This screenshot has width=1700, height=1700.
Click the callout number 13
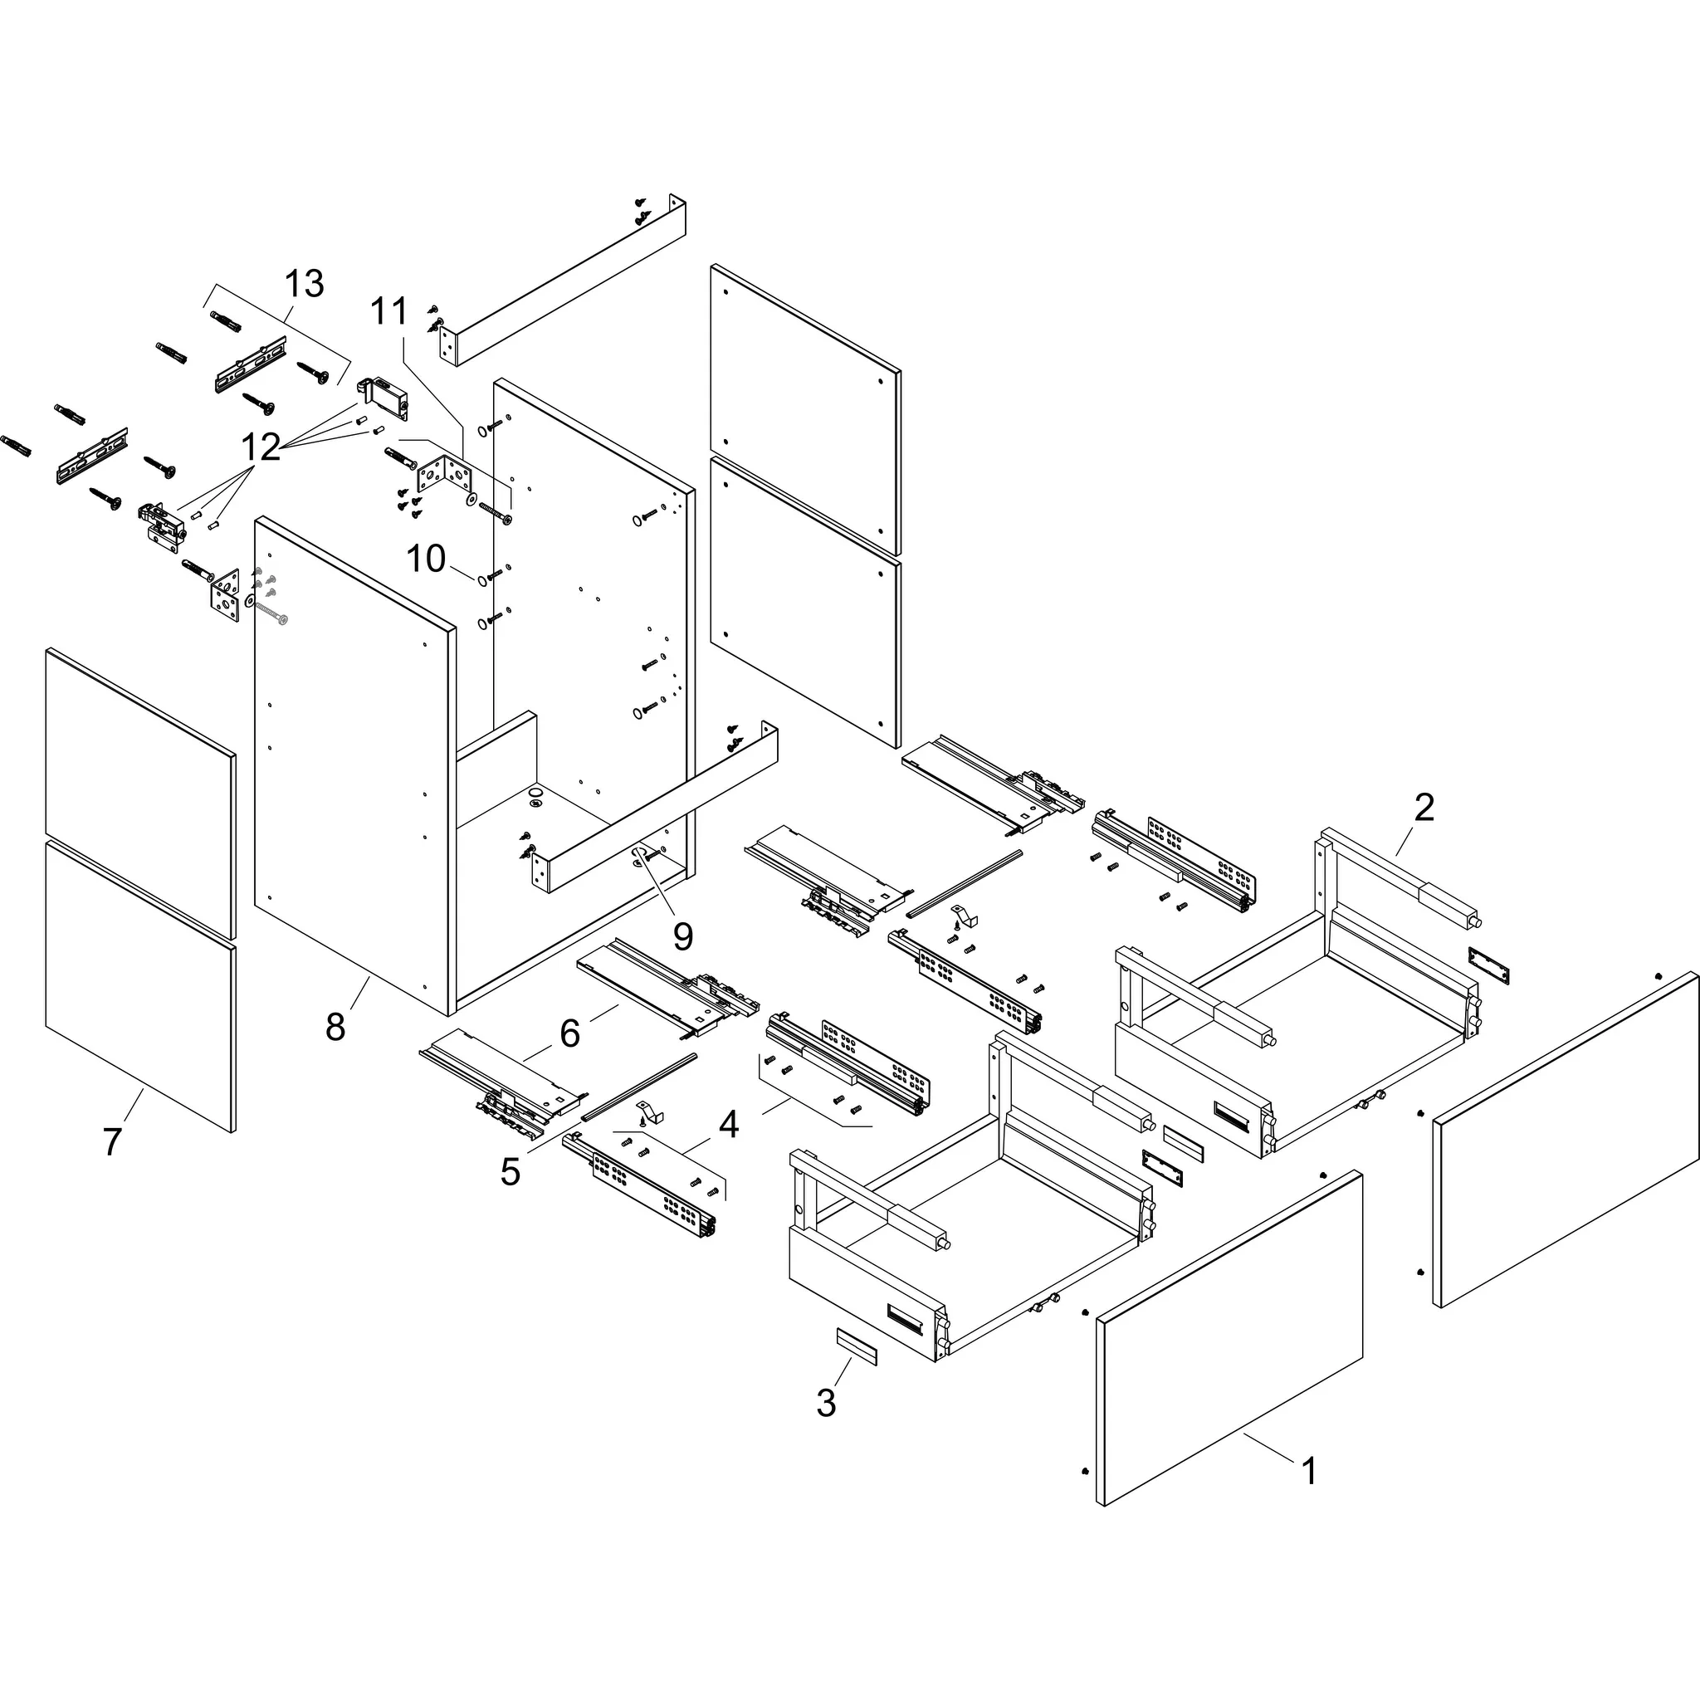pos(304,284)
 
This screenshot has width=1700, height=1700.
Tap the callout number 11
pos(388,311)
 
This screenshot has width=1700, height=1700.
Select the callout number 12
pos(261,447)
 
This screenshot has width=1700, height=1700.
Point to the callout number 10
pos(426,559)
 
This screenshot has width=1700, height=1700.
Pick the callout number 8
pos(335,1027)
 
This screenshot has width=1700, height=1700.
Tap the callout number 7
pos(112,1142)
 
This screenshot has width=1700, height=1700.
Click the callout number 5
pos(510,1171)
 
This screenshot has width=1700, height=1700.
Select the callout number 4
pos(729,1125)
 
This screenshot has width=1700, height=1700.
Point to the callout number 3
pos(825,1403)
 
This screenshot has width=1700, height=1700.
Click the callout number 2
pos(1424,808)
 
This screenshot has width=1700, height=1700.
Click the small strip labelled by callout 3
pos(856,1347)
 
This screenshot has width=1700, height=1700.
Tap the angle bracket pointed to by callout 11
pos(444,476)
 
